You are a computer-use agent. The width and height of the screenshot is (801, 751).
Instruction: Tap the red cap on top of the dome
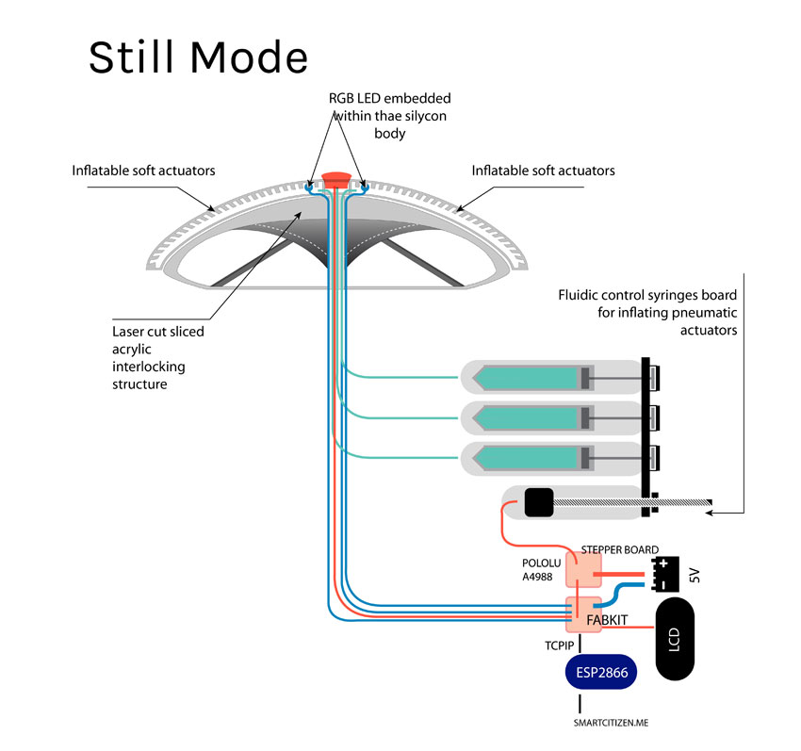tap(335, 177)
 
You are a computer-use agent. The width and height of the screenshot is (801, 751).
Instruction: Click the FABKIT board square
tap(583, 614)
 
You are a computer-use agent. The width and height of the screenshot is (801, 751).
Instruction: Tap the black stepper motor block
tap(538, 503)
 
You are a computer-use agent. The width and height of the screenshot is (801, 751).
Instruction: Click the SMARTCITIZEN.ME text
tap(611, 724)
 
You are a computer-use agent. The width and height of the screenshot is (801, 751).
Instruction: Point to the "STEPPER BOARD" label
tap(619, 549)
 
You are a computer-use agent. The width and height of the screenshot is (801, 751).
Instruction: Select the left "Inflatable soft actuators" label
tap(144, 171)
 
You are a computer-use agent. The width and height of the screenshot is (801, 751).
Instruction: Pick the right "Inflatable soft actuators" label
tap(543, 171)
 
